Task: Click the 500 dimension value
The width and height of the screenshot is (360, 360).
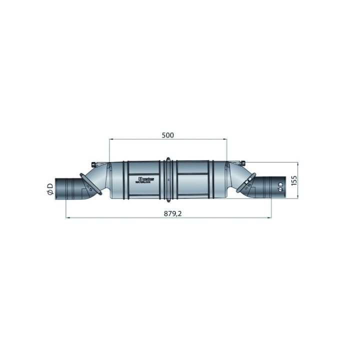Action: tap(167, 135)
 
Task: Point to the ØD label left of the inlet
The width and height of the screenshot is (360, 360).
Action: tap(49, 189)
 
